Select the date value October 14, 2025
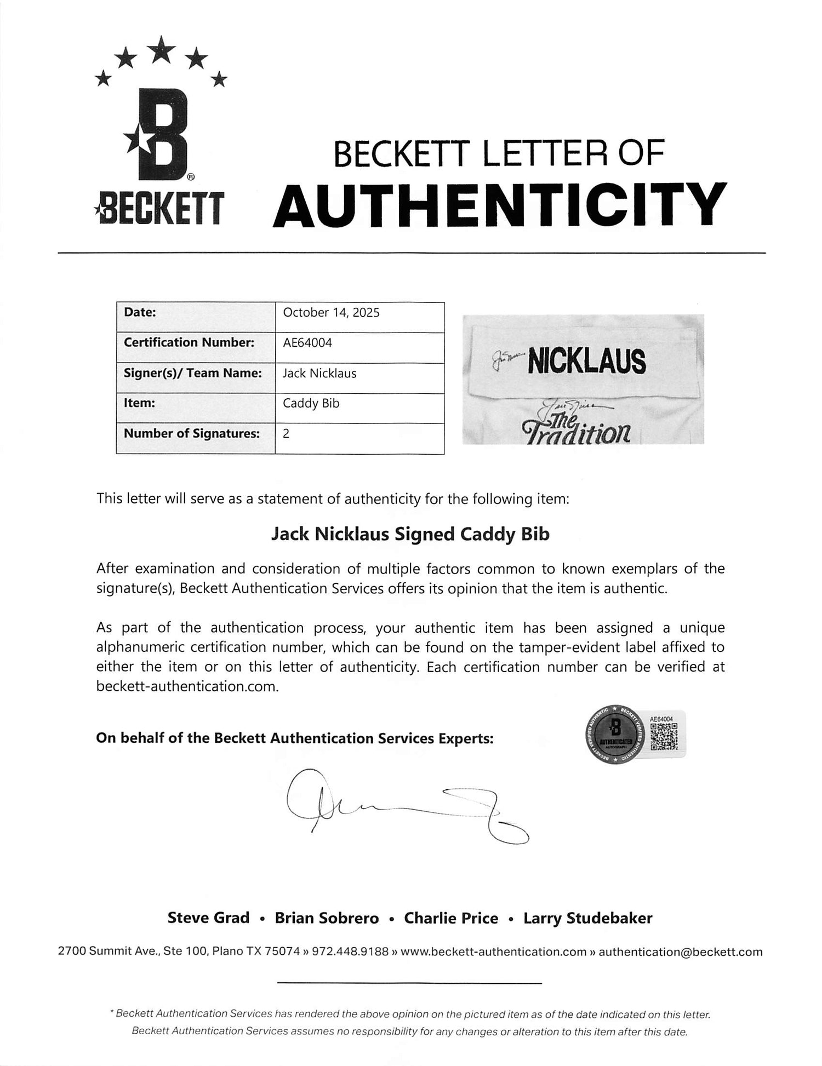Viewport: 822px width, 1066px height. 331,313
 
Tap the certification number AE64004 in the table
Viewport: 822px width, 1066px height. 307,342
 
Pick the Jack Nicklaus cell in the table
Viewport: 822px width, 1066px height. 319,373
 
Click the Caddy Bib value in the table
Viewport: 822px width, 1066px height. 311,403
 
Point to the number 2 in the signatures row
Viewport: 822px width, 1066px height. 286,433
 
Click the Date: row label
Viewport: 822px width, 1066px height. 140,312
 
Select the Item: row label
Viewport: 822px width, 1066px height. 140,403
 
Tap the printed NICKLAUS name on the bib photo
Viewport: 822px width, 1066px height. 586,362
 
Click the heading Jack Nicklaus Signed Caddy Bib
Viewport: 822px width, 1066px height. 410,534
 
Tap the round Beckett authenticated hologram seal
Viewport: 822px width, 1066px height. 615,734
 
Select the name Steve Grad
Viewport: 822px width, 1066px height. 208,918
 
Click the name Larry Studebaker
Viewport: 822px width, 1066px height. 587,918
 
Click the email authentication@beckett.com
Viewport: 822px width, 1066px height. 680,952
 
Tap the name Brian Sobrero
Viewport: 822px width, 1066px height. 327,918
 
